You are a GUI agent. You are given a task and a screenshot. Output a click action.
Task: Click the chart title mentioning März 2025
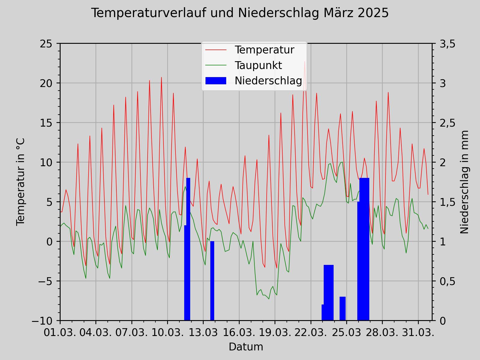click(240, 13)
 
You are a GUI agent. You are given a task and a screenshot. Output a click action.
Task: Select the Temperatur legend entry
click(264, 50)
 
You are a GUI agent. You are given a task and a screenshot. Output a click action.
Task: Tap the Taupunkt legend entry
click(258, 65)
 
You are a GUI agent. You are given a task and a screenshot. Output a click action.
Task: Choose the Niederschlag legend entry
click(268, 81)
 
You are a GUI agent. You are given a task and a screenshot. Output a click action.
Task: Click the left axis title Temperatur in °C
click(21, 182)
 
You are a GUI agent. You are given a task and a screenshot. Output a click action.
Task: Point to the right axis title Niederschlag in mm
click(464, 182)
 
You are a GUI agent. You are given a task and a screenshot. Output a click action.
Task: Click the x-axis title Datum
click(246, 347)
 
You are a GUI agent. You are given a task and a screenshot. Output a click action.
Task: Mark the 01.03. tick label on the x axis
click(60, 333)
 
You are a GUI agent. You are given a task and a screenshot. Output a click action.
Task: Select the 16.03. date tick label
click(239, 333)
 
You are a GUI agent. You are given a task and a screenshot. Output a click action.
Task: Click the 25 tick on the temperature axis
click(48, 44)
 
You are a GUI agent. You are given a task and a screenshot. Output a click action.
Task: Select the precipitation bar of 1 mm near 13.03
click(212, 281)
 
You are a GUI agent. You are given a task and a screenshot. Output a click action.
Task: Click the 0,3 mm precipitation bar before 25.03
click(343, 309)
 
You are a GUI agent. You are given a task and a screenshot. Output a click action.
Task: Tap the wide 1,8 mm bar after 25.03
click(364, 249)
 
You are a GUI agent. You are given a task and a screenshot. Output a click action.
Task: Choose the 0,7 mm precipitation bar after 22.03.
click(328, 292)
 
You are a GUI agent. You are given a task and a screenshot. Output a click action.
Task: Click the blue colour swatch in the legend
click(216, 81)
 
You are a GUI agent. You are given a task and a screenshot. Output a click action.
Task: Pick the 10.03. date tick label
click(167, 333)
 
